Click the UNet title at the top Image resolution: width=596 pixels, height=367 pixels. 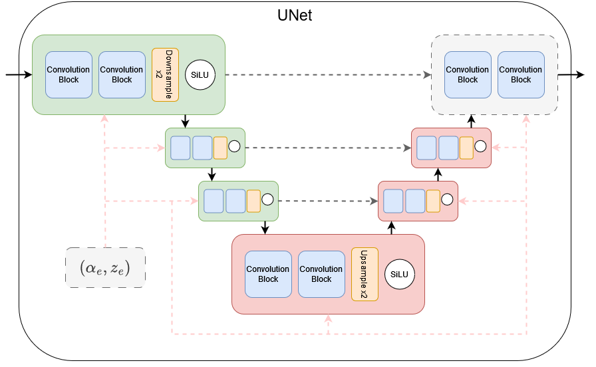pyautogui.click(x=295, y=15)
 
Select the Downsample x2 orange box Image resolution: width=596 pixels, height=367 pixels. pyautogui.click(x=162, y=74)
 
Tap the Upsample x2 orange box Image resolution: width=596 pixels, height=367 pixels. pyautogui.click(x=365, y=274)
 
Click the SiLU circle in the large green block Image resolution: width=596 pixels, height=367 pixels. pyautogui.click(x=200, y=74)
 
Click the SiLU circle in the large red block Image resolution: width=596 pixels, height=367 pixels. pyautogui.click(x=399, y=274)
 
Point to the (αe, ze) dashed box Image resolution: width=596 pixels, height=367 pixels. pyautogui.click(x=105, y=268)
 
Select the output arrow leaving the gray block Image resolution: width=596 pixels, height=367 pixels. pyautogui.click(x=571, y=74)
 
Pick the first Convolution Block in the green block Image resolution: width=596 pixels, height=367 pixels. pyautogui.click(x=69, y=74)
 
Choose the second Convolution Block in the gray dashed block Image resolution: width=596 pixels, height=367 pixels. pyautogui.click(x=521, y=74)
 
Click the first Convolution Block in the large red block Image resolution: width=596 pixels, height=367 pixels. pyautogui.click(x=268, y=274)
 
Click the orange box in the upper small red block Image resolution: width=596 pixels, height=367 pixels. pyautogui.click(x=466, y=148)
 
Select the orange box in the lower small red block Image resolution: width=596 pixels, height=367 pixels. pyautogui.click(x=433, y=200)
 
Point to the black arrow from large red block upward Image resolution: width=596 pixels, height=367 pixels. pyautogui.click(x=391, y=228)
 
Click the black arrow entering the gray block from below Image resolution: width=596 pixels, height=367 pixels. pyautogui.click(x=471, y=121)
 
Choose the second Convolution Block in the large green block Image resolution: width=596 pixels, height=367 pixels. pyautogui.click(x=122, y=74)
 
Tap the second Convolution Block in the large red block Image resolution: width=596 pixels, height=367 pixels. pyautogui.click(x=321, y=274)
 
